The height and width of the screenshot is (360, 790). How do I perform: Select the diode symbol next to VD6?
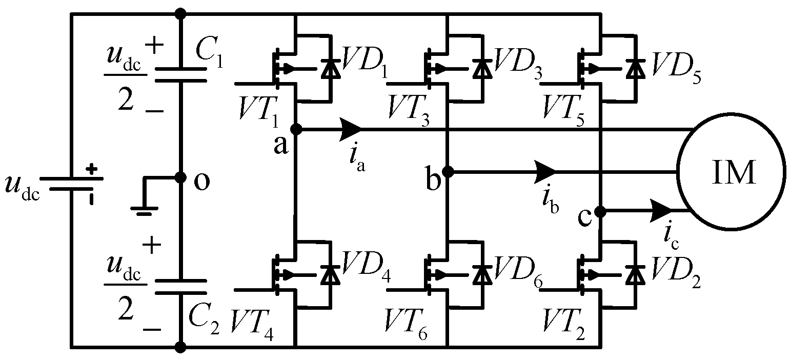coord(481,274)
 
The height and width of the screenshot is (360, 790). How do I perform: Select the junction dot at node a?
coord(296,129)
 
